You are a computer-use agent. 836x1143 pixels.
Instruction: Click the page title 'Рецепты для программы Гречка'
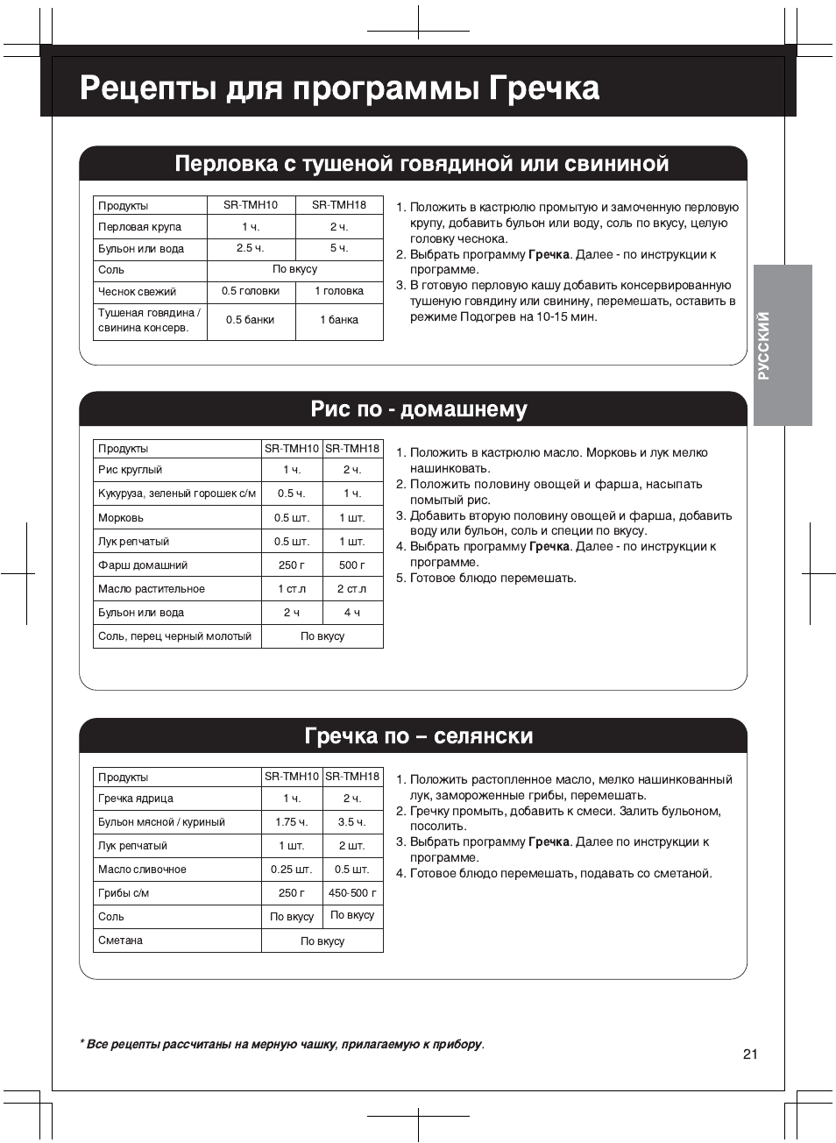point(339,89)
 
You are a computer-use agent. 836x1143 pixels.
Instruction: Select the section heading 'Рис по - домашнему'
point(418,409)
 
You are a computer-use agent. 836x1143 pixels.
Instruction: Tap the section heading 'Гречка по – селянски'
point(418,735)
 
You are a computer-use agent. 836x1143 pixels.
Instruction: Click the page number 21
point(749,1054)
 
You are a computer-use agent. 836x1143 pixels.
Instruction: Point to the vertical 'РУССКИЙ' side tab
point(763,345)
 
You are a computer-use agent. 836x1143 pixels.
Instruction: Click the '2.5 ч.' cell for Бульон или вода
point(251,248)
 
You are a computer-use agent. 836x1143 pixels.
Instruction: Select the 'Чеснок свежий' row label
point(138,292)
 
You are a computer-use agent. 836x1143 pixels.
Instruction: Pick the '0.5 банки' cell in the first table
point(251,320)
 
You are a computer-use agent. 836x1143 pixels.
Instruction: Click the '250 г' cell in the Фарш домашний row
point(291,565)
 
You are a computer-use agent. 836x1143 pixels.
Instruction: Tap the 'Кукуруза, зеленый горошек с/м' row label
point(177,493)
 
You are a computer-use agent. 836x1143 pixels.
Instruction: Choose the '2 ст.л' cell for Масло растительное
point(351,589)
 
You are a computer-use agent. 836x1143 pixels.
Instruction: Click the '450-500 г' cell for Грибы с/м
point(351,893)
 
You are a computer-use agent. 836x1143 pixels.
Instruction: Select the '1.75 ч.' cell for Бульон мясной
point(291,822)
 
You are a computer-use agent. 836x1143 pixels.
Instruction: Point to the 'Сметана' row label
point(121,941)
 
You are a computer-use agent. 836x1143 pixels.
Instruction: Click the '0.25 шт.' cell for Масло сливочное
point(291,870)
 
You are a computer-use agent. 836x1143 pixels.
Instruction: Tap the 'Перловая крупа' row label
point(140,227)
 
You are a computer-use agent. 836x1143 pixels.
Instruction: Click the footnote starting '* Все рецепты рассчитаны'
point(281,1044)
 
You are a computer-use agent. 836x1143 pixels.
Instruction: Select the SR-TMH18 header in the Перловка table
point(339,205)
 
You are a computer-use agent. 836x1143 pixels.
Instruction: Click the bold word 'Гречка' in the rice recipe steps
point(549,547)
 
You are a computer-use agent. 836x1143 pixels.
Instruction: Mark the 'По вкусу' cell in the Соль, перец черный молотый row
point(322,636)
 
